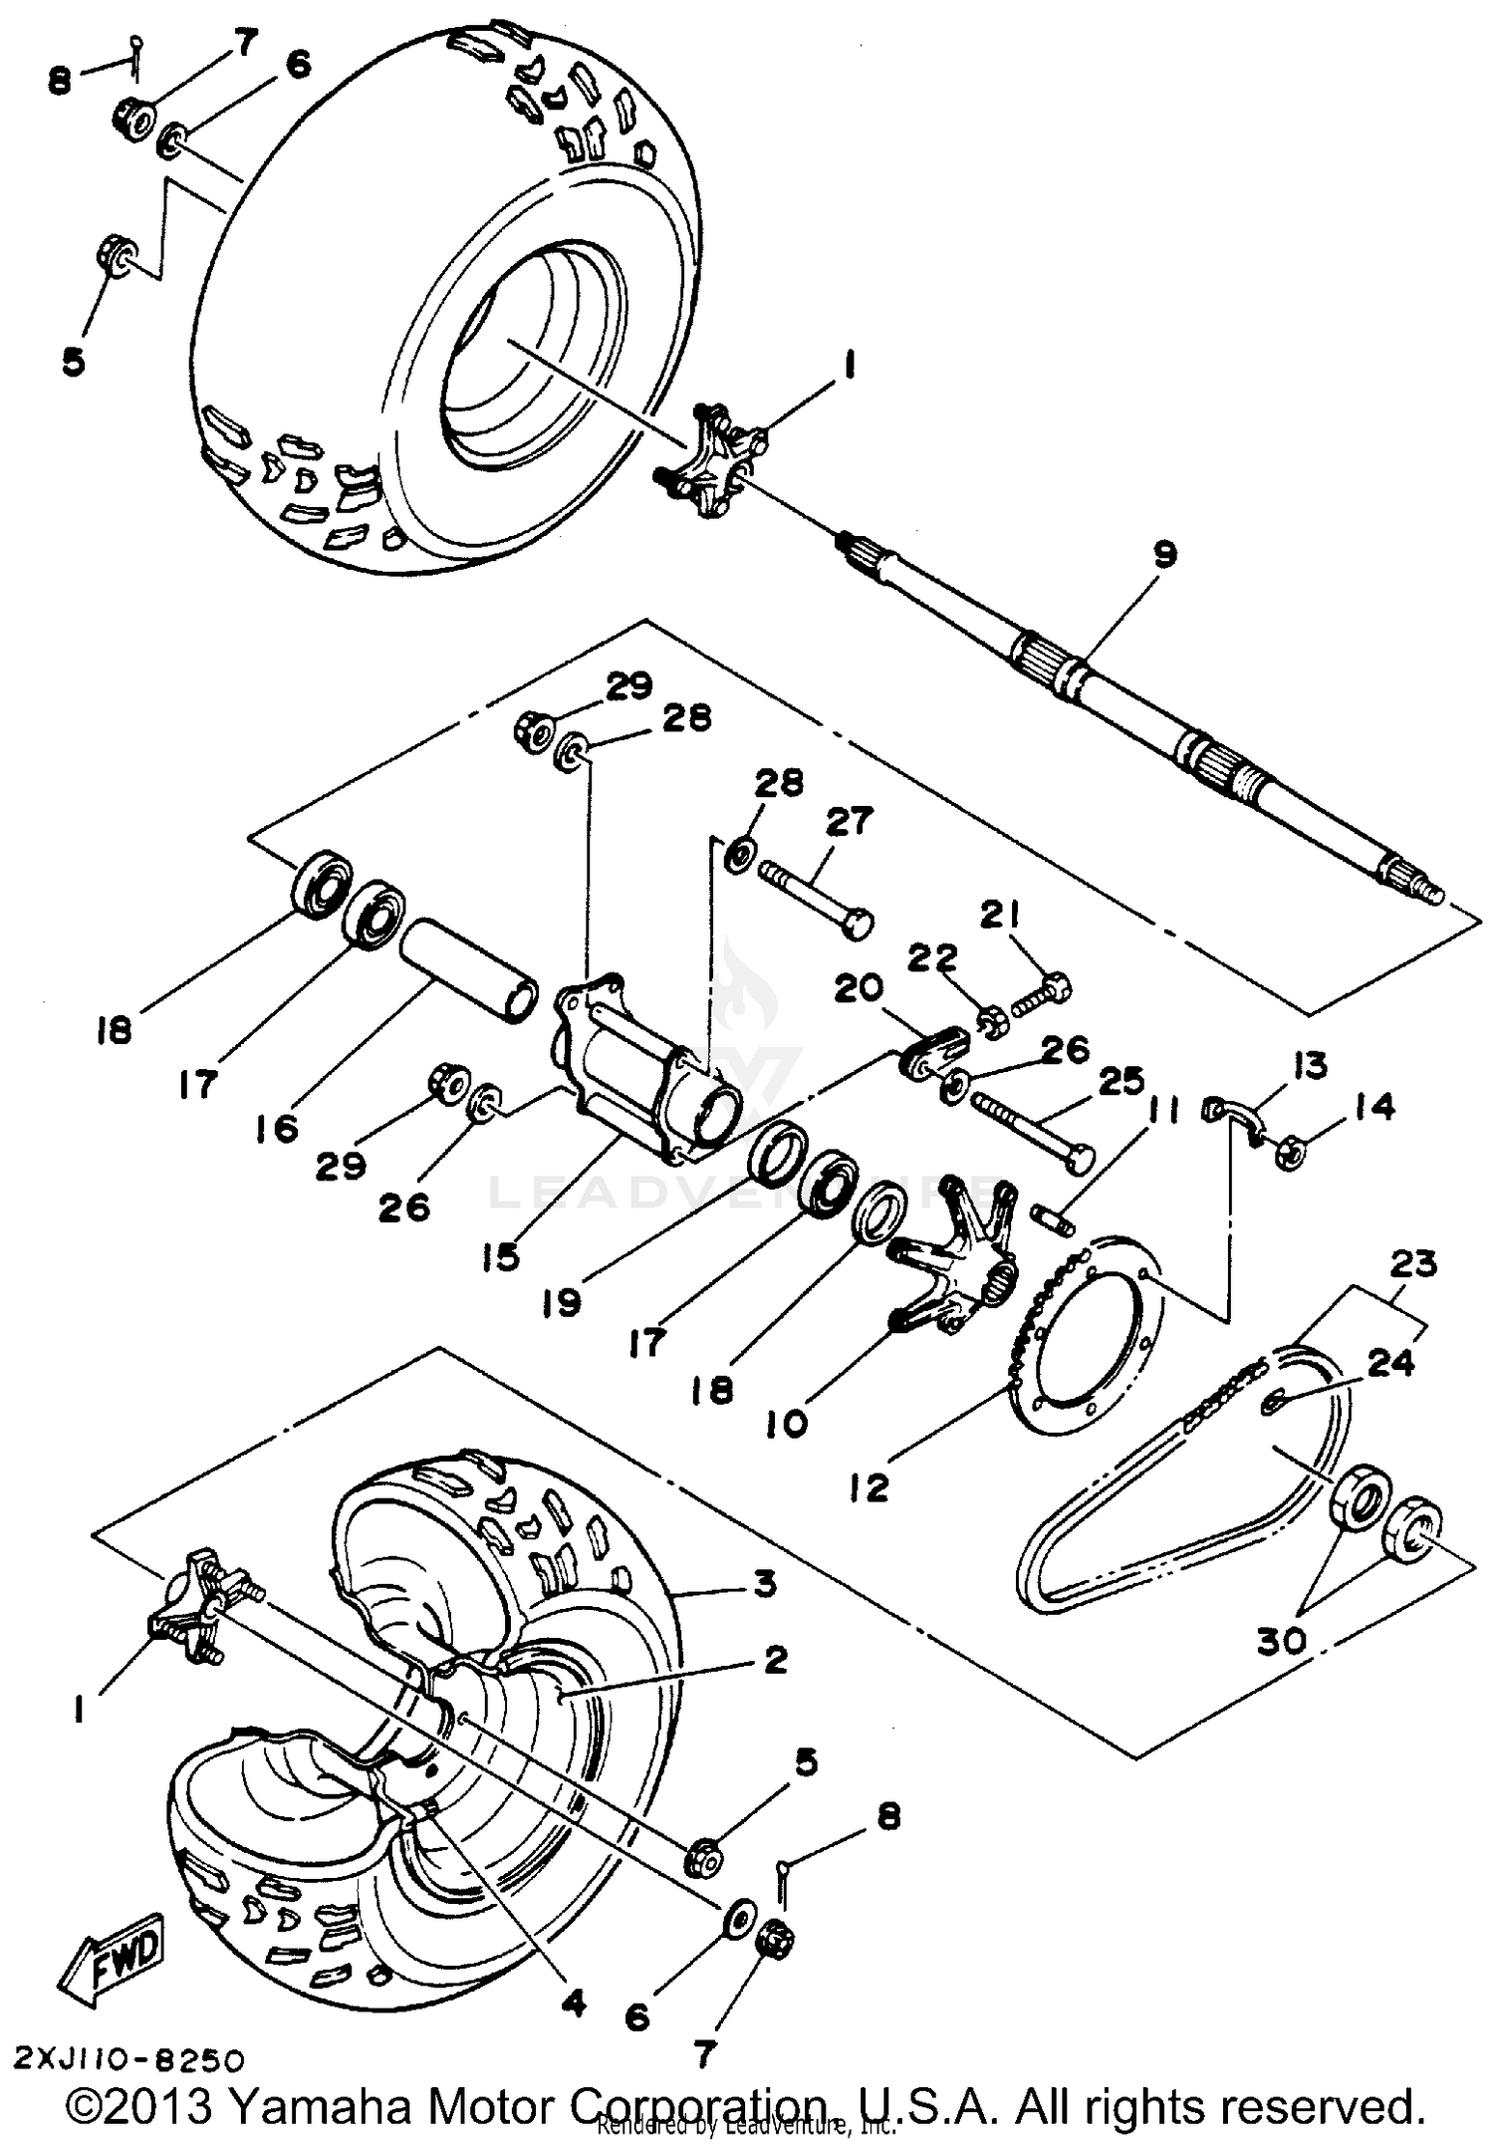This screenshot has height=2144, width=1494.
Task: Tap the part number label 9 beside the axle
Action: [x=1163, y=554]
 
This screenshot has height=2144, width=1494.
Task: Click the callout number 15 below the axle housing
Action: [x=501, y=1257]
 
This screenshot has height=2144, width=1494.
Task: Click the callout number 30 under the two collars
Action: [x=1281, y=1639]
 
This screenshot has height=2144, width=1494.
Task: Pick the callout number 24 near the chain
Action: [x=1390, y=1362]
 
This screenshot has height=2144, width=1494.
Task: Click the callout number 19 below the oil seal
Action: [x=562, y=1301]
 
